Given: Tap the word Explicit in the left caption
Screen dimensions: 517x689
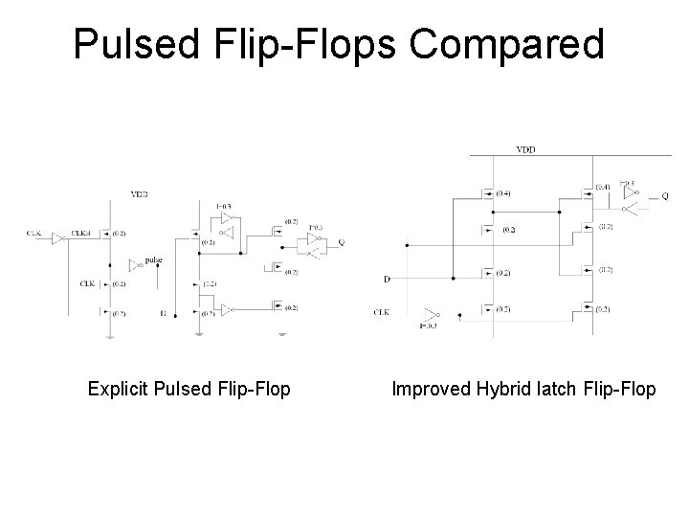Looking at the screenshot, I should tap(118, 389).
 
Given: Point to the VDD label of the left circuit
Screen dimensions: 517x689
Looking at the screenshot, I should tap(140, 194).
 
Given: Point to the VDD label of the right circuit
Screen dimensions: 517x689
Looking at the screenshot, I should tap(526, 149).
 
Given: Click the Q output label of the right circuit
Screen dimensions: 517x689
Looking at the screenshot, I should tap(665, 195).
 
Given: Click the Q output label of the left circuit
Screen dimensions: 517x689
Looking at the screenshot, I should tap(341, 242).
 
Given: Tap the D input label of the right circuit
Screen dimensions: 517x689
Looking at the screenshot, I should tap(387, 280).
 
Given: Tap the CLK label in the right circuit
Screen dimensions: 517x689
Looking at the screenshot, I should tap(382, 311).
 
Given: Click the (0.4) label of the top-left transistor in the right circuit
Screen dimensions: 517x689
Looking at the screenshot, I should tap(503, 192).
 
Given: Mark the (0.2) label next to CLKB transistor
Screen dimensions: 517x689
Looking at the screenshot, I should tap(119, 234).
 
